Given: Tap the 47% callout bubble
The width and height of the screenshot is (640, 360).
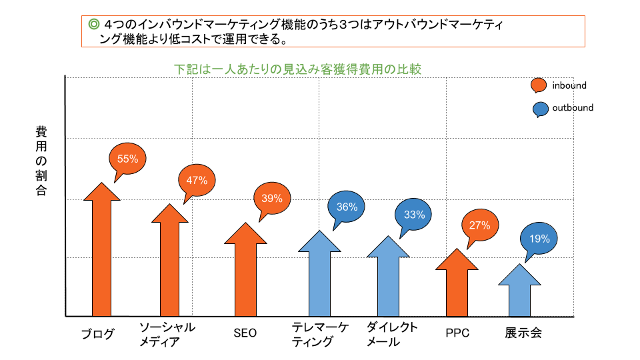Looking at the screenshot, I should click(x=197, y=180).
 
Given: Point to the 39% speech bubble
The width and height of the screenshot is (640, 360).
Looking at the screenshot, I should click(x=272, y=198).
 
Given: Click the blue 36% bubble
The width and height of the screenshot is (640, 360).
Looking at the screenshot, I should click(x=347, y=207).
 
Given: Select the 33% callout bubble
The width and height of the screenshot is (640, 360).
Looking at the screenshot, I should click(x=414, y=215).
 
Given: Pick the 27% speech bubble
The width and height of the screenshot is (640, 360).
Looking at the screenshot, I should click(x=479, y=225).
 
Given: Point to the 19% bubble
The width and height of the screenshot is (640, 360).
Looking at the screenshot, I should click(x=539, y=239).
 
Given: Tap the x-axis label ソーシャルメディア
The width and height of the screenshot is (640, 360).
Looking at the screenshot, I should click(x=167, y=335).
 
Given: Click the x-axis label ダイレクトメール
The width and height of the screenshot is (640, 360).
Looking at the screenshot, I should click(x=392, y=335).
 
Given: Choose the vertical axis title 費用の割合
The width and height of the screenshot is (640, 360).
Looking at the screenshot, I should click(x=41, y=160).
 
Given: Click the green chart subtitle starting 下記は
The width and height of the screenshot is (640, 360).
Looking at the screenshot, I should click(x=297, y=69).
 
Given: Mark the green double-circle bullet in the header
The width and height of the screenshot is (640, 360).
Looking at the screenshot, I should click(x=93, y=25).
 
